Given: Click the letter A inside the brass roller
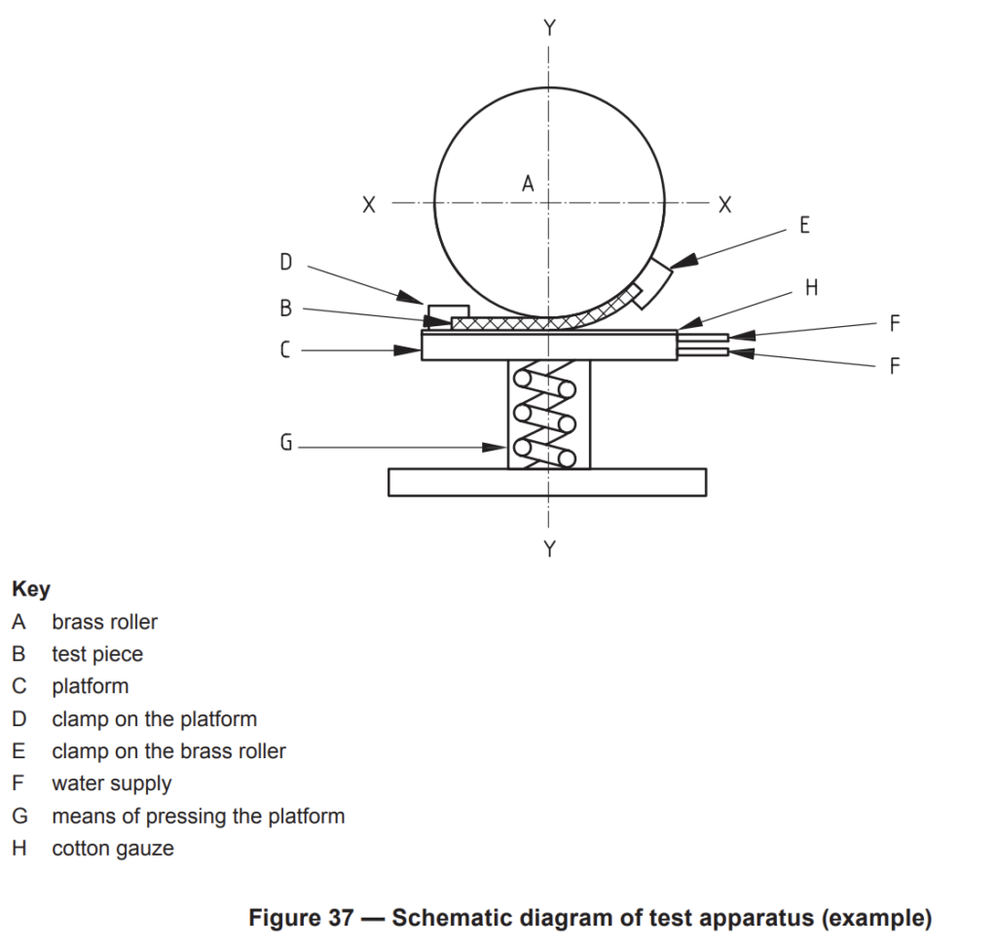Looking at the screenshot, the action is click(528, 184).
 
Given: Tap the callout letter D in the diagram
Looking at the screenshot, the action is click(286, 262).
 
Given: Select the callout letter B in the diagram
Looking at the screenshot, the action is click(286, 309).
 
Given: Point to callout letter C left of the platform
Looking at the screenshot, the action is click(285, 349).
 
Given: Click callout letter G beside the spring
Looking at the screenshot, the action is click(286, 442).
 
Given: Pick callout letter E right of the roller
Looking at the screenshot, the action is click(804, 225).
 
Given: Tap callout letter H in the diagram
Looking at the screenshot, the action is click(811, 288).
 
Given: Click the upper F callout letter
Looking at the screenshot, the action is click(895, 324).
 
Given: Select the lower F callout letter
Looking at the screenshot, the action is click(895, 366).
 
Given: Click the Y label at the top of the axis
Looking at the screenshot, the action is click(550, 28).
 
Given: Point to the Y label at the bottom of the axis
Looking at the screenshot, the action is click(550, 549).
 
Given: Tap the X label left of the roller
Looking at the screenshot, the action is click(369, 204).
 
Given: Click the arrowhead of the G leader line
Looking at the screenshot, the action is click(495, 448).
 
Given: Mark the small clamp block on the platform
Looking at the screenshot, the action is click(448, 311).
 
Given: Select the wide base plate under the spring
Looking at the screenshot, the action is click(547, 483).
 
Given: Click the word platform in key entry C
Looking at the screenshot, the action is click(91, 687).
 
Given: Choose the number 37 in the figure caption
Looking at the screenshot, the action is click(341, 918).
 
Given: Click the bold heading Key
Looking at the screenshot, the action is click(31, 590).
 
